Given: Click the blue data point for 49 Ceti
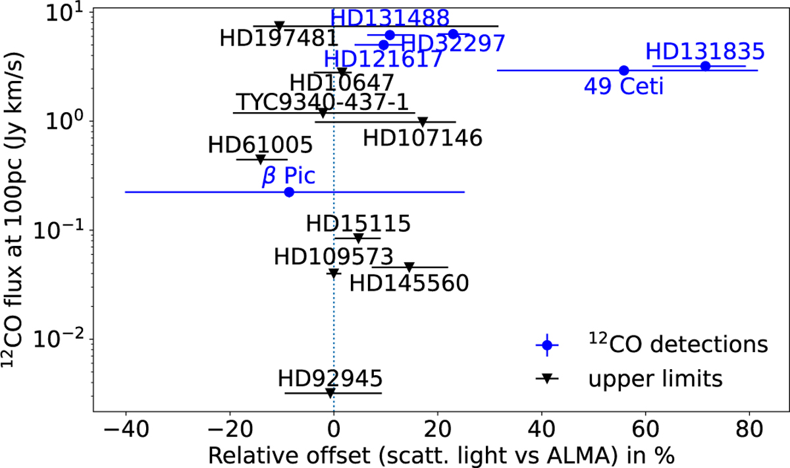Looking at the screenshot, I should pyautogui.click(x=624, y=70).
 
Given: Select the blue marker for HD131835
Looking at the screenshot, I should pyautogui.click(x=705, y=66).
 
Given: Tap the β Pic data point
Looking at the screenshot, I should pyautogui.click(x=288, y=192).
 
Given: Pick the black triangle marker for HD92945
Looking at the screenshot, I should pyautogui.click(x=330, y=393).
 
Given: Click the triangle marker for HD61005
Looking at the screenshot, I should pyautogui.click(x=260, y=160).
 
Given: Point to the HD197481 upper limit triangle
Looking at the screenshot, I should pyautogui.click(x=279, y=26).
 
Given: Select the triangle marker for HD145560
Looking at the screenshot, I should pyautogui.click(x=409, y=267).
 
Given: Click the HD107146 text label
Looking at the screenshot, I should pyautogui.click(x=423, y=138).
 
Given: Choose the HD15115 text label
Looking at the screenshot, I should pyautogui.click(x=358, y=223).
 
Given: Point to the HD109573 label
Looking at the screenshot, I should pyautogui.click(x=333, y=256).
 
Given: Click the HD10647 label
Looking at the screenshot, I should pyautogui.click(x=342, y=83).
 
